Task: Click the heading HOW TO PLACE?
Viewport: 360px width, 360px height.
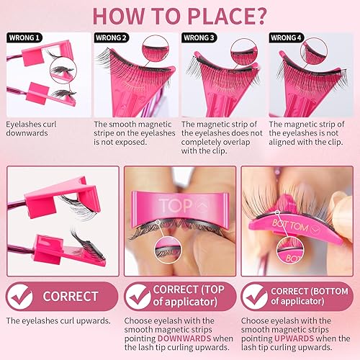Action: [180, 14]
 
